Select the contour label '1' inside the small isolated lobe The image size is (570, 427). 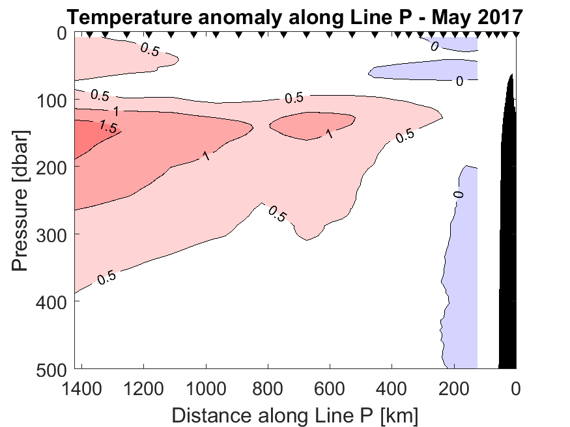[x=330, y=133]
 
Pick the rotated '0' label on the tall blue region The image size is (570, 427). [x=458, y=194]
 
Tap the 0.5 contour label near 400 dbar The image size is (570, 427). [x=106, y=278]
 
